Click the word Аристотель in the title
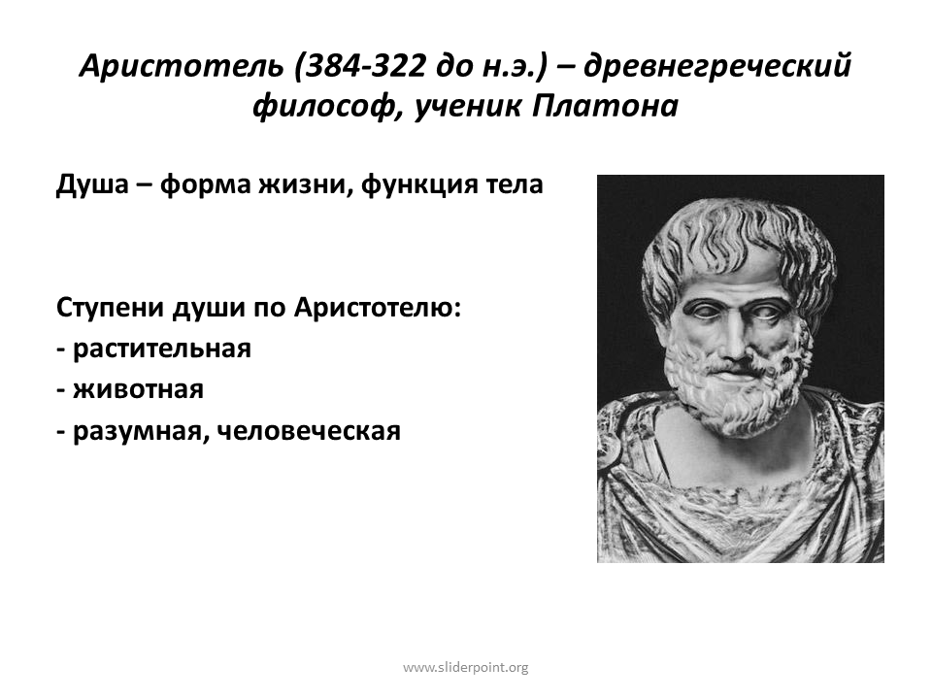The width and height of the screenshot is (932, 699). tap(182, 65)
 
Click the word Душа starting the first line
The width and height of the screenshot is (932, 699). tap(92, 184)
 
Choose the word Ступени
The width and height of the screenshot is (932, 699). tap(110, 308)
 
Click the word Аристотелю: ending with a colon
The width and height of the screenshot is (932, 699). tap(378, 308)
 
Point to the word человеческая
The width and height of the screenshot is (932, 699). tap(309, 431)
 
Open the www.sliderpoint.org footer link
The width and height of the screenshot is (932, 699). tap(465, 668)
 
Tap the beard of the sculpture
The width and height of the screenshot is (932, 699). tap(734, 392)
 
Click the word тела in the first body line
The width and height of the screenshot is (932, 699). tap(516, 184)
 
